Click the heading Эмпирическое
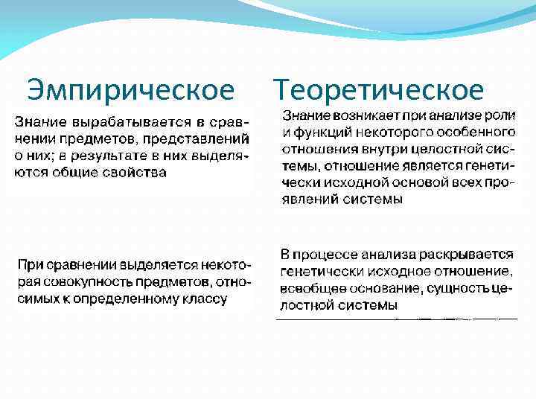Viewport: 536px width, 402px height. click(130, 91)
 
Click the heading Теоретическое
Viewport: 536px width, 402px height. click(379, 91)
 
